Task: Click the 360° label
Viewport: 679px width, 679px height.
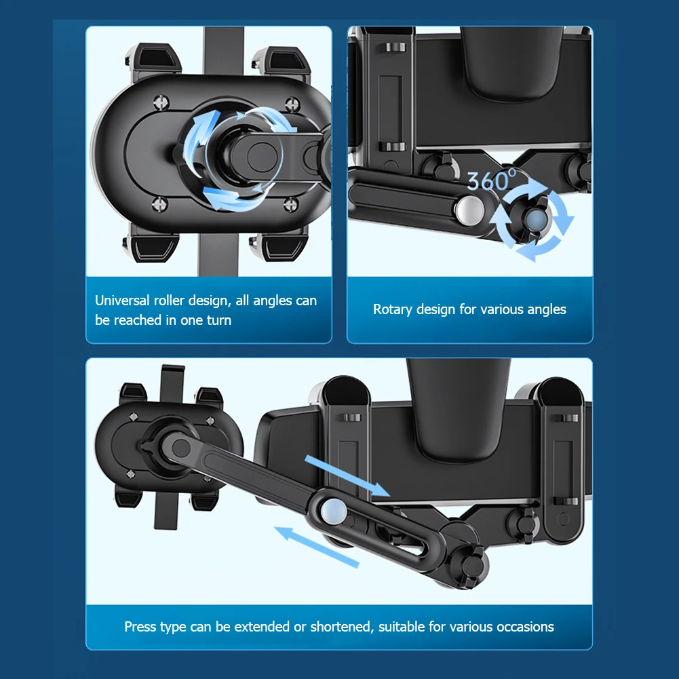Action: click(x=492, y=180)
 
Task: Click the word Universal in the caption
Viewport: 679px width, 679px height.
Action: click(x=122, y=300)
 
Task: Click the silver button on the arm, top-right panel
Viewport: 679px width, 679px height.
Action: click(x=469, y=210)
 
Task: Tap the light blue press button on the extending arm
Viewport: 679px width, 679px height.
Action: click(x=334, y=509)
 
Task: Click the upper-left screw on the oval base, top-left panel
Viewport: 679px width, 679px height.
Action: click(x=161, y=102)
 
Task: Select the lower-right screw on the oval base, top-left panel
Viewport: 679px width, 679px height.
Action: click(x=290, y=203)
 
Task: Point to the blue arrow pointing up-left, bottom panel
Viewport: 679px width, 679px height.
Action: click(x=317, y=547)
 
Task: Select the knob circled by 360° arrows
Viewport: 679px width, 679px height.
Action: click(x=535, y=218)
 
